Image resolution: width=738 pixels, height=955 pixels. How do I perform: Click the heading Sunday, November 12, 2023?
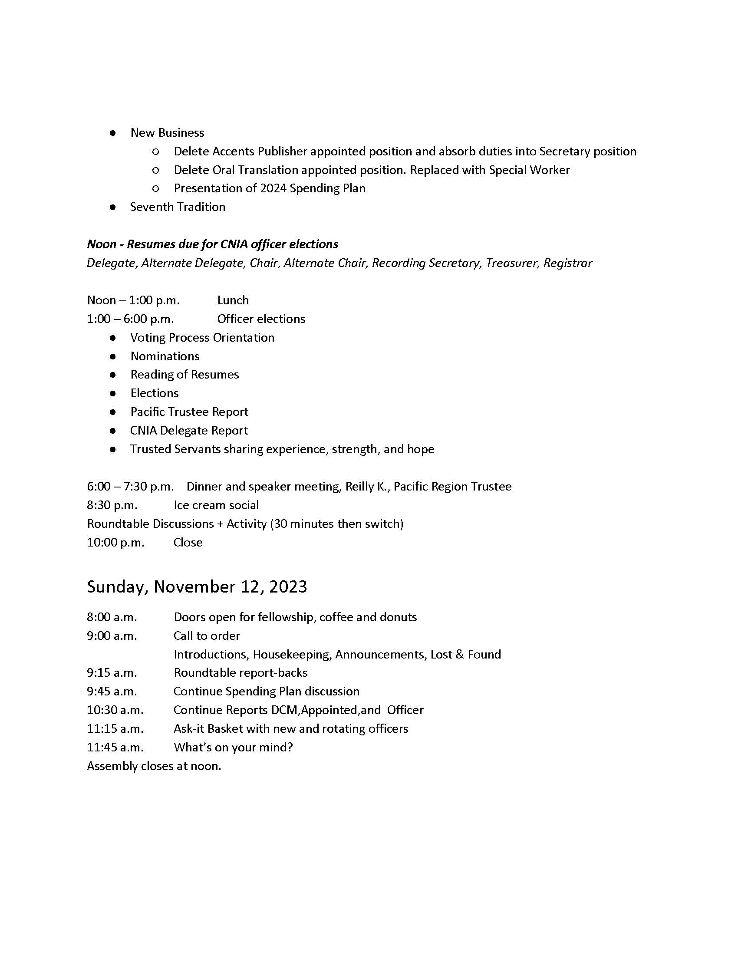point(197,587)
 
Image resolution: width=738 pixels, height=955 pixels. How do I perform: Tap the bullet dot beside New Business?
point(113,133)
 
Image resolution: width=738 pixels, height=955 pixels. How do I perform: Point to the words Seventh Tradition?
point(178,207)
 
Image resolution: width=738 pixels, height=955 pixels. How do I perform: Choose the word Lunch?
point(233,300)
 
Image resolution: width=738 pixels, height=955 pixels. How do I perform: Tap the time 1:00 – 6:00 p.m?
point(130,319)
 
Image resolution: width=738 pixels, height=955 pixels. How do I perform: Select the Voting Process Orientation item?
point(202,338)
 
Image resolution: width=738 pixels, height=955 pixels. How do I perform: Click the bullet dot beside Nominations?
point(113,356)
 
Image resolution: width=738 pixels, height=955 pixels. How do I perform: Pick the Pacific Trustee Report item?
point(189,412)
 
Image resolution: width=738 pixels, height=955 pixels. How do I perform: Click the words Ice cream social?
point(216,505)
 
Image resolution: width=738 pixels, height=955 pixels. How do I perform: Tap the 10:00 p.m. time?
point(115,543)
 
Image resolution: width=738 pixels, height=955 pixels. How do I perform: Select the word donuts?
point(398,617)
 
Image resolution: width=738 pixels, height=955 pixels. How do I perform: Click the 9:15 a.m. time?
point(112,673)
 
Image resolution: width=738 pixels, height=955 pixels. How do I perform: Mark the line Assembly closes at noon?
point(154,766)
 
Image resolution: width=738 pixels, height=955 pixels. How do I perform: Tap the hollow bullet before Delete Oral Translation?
point(155,170)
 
